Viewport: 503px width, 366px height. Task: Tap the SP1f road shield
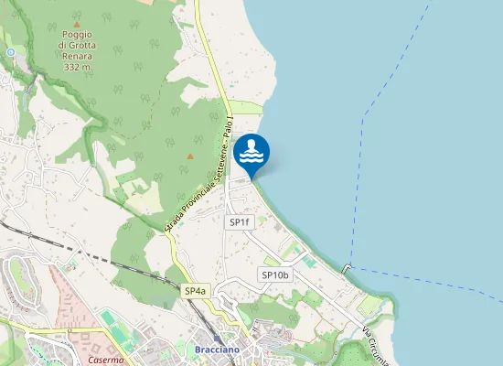tap(240, 222)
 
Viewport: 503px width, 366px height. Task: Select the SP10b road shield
tap(275, 274)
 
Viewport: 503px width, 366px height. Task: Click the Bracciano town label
tap(217, 350)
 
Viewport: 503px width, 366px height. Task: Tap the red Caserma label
tap(106, 361)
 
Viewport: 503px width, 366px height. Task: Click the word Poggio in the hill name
tap(78, 34)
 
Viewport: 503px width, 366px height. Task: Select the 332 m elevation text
tap(77, 67)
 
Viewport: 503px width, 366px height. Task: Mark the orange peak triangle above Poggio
tap(77, 24)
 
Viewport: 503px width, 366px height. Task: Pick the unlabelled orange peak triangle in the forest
tap(190, 156)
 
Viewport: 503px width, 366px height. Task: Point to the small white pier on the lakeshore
tap(347, 268)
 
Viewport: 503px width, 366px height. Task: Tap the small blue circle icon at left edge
tap(10, 52)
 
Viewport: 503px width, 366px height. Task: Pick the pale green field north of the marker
tap(245, 107)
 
